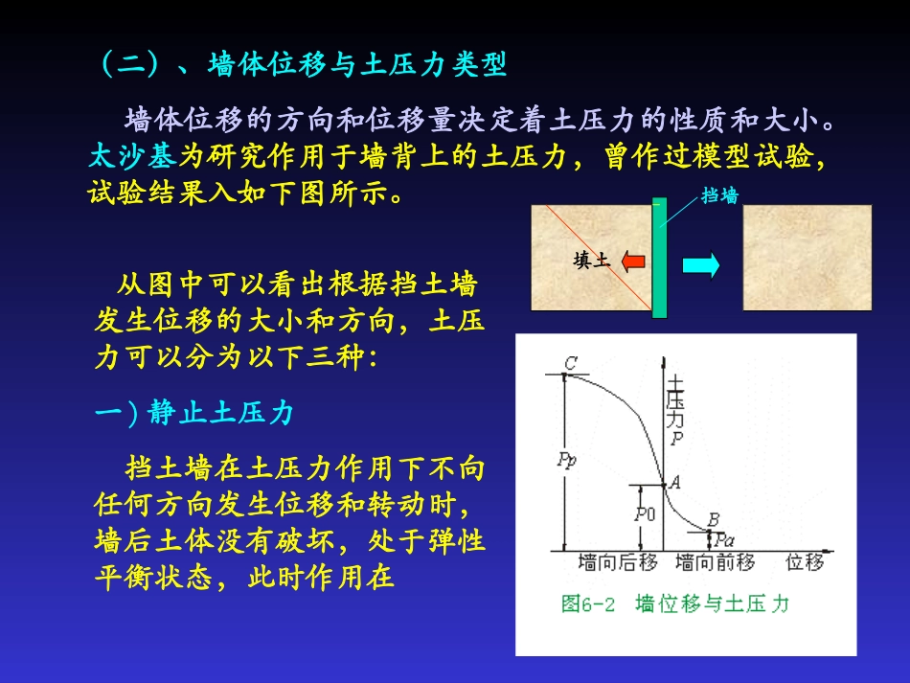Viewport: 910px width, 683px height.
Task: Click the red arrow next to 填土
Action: [x=633, y=261]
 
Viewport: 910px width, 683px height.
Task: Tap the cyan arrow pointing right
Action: [x=700, y=265]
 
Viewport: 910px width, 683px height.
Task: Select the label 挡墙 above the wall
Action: [x=719, y=195]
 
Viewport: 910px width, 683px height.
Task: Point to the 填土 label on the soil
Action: [x=591, y=260]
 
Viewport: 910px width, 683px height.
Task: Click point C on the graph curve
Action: [x=565, y=375]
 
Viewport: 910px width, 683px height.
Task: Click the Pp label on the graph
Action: [x=566, y=459]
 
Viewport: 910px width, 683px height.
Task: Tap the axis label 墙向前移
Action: [x=715, y=562]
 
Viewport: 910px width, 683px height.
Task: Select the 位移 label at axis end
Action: [x=805, y=562]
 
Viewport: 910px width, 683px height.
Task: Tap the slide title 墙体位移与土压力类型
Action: [x=356, y=65]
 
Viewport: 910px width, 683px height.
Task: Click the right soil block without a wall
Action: [x=807, y=258]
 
